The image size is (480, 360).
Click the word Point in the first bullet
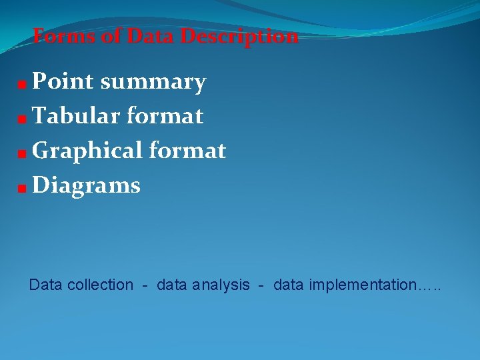pyautogui.click(x=63, y=81)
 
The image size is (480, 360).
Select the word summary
pyautogui.click(x=153, y=83)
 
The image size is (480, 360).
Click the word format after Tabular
pyautogui.click(x=164, y=116)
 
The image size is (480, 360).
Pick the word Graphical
pyautogui.click(x=87, y=151)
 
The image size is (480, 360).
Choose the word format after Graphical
pyautogui.click(x=188, y=151)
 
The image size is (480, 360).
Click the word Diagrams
pyautogui.click(x=87, y=185)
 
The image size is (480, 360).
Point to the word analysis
pyautogui.click(x=221, y=285)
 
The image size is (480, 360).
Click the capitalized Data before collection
pyautogui.click(x=45, y=285)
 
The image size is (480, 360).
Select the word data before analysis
pyautogui.click(x=172, y=285)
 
